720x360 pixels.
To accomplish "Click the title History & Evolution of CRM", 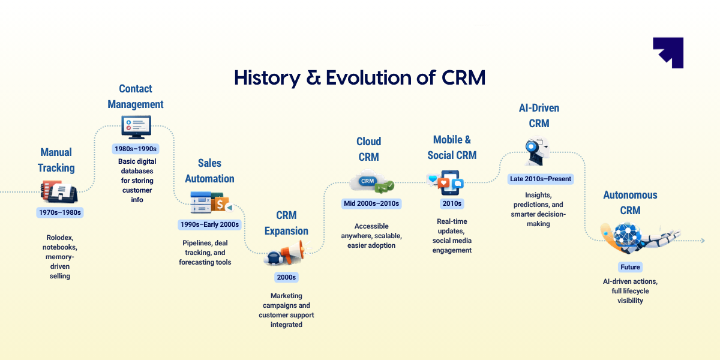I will pos(359,78).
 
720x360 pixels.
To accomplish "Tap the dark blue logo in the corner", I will pos(668,53).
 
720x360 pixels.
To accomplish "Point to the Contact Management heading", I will pos(136,96).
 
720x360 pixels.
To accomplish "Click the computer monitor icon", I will pos(136,127).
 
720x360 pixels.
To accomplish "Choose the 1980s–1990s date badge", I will pos(135,148).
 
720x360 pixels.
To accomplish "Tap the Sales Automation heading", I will pos(209,170).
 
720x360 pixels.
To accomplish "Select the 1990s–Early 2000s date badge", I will pos(209,224).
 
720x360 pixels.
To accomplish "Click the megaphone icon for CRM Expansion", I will pos(286,253).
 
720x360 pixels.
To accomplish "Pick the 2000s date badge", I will pos(286,277).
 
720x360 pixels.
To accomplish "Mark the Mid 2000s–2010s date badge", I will pos(371,203).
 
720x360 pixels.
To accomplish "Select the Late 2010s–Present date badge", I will pos(540,179).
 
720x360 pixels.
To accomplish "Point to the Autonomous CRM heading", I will pos(630,203).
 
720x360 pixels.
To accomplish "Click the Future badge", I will pos(630,267).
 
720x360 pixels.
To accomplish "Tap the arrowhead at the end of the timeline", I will pos(702,241).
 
